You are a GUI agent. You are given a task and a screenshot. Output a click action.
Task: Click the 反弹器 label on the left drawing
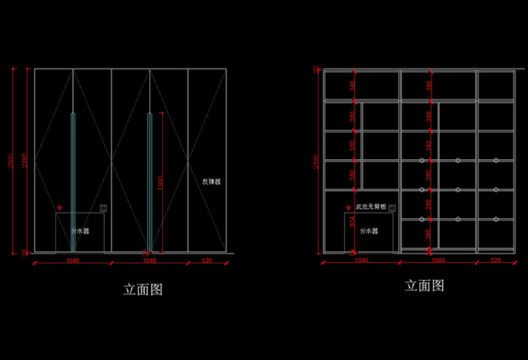coord(211,182)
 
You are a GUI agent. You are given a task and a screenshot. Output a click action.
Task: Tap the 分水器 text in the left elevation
coord(80,231)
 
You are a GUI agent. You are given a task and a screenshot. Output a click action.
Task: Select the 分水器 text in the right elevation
coord(369,231)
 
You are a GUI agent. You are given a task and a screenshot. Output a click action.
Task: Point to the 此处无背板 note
coord(371,206)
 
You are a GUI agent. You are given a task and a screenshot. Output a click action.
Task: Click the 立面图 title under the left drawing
coord(143,289)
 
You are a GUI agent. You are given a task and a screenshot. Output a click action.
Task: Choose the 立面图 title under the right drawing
coord(424,285)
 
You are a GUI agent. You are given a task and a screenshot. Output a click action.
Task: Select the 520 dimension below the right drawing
coord(496,260)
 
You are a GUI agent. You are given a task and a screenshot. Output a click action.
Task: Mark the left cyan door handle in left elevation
coord(72,181)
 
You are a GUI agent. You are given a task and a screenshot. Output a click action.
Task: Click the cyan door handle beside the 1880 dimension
coord(150,181)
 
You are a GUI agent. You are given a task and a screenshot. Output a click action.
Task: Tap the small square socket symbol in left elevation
coord(103,208)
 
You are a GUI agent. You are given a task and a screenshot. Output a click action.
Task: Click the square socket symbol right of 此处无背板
coord(393,206)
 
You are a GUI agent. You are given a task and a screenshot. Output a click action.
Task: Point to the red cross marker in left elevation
coord(60,206)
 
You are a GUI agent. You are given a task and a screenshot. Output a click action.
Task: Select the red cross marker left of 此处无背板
coord(349,206)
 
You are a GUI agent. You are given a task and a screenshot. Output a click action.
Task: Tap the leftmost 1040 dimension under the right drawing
coord(361,260)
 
